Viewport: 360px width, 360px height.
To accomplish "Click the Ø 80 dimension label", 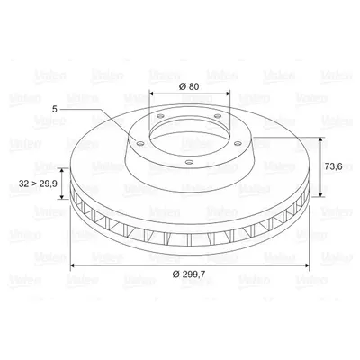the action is tap(189, 86).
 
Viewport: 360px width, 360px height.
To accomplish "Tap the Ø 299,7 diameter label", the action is tap(189, 274).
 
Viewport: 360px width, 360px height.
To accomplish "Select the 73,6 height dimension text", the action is tap(334, 166).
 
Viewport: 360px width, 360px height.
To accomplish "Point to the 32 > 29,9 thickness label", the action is tap(38, 184).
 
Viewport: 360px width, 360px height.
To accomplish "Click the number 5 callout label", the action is tap(54, 110).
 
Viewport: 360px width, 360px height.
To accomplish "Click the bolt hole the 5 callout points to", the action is tap(139, 144).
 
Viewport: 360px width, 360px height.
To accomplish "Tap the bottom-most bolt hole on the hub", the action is tap(189, 162).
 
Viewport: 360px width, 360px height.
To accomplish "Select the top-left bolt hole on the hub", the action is tap(161, 116).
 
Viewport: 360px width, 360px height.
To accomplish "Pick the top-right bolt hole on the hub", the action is tap(218, 116).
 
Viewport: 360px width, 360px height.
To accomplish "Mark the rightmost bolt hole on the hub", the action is tap(238, 144).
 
